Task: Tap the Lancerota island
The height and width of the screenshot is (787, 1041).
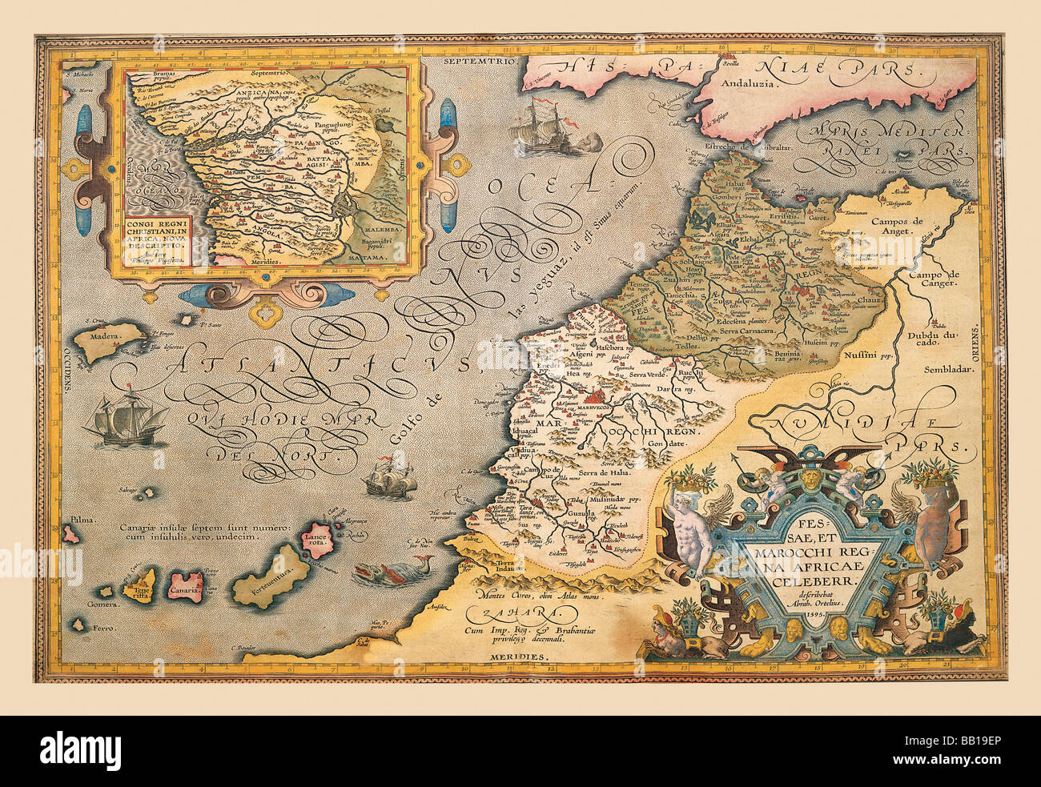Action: [313, 540]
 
